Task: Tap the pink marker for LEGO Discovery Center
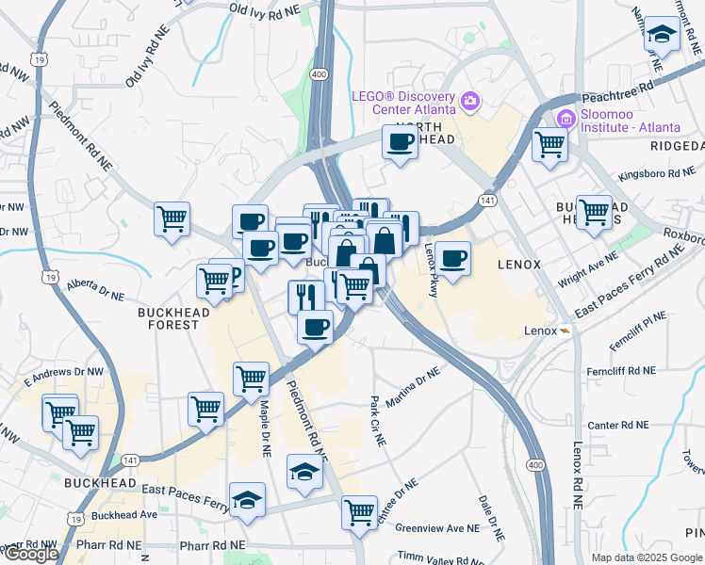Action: coord(469,100)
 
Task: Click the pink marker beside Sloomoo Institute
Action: coord(566,120)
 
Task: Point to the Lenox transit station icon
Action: coord(564,331)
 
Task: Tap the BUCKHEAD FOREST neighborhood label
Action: coord(169,317)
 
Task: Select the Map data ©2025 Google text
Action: coord(646,557)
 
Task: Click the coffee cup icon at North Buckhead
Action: coord(400,143)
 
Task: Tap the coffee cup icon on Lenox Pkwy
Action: coord(453,257)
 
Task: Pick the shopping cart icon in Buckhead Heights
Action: coord(595,212)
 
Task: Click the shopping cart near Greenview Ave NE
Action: coord(359,512)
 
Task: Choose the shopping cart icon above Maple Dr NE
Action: coord(251,379)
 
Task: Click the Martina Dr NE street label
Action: coord(413,386)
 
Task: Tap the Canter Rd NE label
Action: coord(618,425)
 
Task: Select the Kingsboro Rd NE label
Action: coord(656,174)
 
